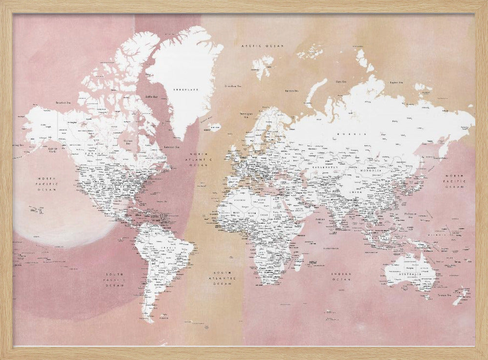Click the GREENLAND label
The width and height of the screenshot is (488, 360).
[x=188, y=89]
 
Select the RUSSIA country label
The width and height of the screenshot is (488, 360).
[x=357, y=133]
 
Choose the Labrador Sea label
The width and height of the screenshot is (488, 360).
[x=170, y=147]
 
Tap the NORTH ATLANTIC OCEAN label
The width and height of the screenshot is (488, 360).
[x=201, y=159]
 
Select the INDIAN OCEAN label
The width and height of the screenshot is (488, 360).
[x=341, y=276]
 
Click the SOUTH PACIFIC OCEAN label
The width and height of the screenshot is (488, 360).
[x=115, y=280]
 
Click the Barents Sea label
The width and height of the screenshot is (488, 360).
[x=292, y=90]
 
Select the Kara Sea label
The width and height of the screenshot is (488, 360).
[x=341, y=81]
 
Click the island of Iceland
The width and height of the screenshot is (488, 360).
[x=213, y=128]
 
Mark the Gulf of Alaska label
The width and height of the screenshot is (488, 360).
[x=53, y=149]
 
